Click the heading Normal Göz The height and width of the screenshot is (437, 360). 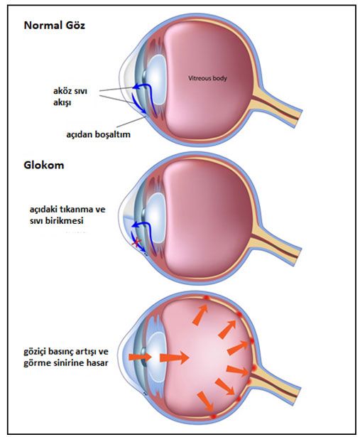pyautogui.click(x=54, y=26)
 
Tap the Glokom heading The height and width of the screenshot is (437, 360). pyautogui.click(x=44, y=165)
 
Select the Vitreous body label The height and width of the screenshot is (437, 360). pyautogui.click(x=207, y=78)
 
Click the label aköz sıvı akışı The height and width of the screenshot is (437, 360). pyautogui.click(x=70, y=97)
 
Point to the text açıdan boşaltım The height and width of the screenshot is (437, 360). pyautogui.click(x=98, y=134)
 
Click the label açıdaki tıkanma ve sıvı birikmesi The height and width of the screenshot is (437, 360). pyautogui.click(x=67, y=215)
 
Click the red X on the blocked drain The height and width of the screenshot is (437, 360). pyautogui.click(x=136, y=243)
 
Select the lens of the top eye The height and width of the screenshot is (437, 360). pyautogui.click(x=156, y=75)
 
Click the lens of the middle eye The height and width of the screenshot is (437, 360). pyautogui.click(x=156, y=215)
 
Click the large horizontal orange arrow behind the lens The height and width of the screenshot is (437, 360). pyautogui.click(x=175, y=357)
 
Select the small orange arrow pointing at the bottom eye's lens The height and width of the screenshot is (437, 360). pyautogui.click(x=140, y=357)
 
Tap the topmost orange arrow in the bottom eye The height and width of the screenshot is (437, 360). pyautogui.click(x=200, y=314)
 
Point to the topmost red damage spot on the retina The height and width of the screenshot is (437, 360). pyautogui.click(x=207, y=298)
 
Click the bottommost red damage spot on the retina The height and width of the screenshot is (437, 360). pyautogui.click(x=214, y=416)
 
